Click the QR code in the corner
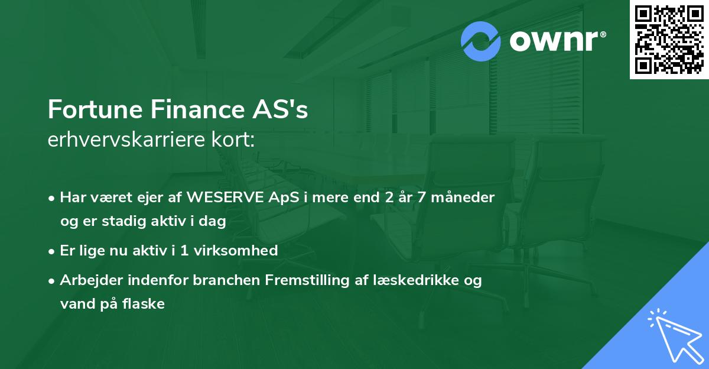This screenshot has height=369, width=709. [x=669, y=39]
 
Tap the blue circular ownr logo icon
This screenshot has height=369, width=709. [x=480, y=41]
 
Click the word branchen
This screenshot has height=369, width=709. [x=223, y=280]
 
